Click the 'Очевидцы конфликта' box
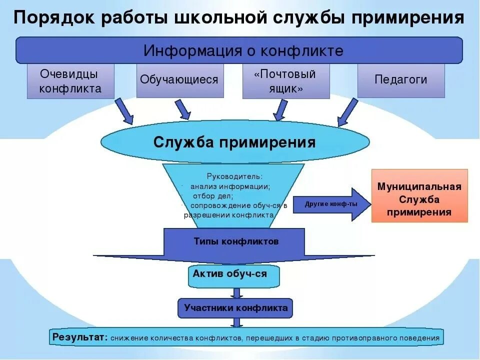click(70, 81)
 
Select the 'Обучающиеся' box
click(179, 80)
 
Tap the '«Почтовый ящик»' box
click(285, 81)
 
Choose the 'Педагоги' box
click(400, 79)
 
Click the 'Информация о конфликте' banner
click(239, 51)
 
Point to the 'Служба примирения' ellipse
click(234, 142)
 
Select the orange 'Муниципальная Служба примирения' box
click(419, 195)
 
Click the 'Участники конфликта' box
click(235, 308)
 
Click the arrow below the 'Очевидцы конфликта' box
click(124, 111)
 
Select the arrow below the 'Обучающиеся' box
click(182, 109)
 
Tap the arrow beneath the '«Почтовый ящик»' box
click(280, 109)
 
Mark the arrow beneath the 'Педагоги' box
click(348, 111)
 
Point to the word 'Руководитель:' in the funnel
click(234, 176)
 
